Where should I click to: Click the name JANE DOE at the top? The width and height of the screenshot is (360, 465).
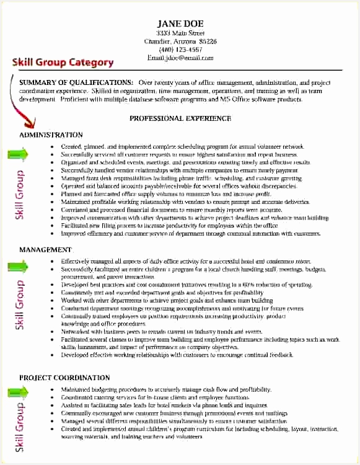point(180,24)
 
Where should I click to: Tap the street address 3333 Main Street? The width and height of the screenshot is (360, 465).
point(180,33)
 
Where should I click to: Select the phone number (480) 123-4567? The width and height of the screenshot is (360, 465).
point(180,50)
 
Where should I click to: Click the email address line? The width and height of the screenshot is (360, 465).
point(180,58)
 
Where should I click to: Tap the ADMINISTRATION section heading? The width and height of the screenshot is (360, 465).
point(51,135)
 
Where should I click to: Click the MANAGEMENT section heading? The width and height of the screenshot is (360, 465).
point(45,249)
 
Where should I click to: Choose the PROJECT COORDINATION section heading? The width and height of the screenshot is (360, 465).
point(64,378)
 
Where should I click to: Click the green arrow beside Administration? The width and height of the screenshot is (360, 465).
point(17,153)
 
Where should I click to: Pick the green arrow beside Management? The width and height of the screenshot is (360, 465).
point(17,267)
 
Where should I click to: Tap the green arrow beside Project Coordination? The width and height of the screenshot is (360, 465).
point(17,391)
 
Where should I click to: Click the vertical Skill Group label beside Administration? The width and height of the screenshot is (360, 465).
point(20,194)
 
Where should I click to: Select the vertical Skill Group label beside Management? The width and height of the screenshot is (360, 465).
point(20,305)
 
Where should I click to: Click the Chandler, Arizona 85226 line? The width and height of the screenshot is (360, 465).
point(180,42)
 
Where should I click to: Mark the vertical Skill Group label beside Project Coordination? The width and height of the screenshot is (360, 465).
point(20,428)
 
